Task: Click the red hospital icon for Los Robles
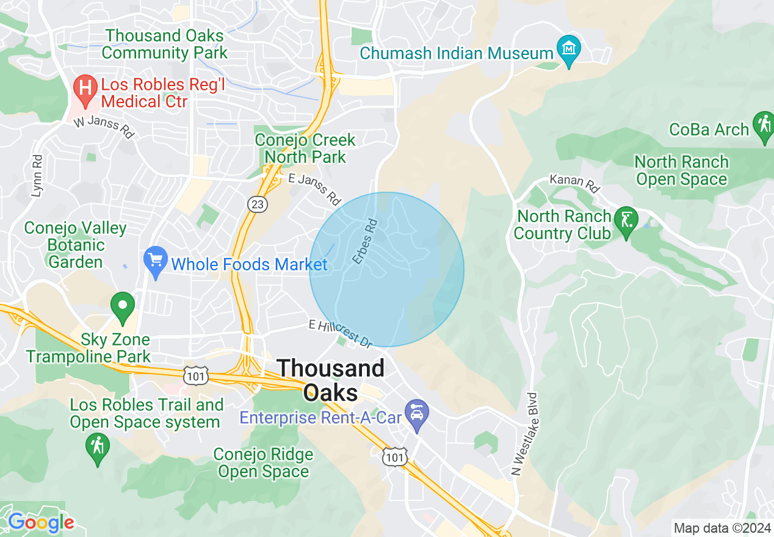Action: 85,90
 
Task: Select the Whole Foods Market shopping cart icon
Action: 156,262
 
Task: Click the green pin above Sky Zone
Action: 123,308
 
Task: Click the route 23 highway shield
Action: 258,204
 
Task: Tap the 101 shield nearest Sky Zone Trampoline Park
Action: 196,376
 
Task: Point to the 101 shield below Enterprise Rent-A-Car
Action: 394,457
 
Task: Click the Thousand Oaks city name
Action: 331,380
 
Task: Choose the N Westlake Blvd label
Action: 525,434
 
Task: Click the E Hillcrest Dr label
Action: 341,334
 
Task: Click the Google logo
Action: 41,522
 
